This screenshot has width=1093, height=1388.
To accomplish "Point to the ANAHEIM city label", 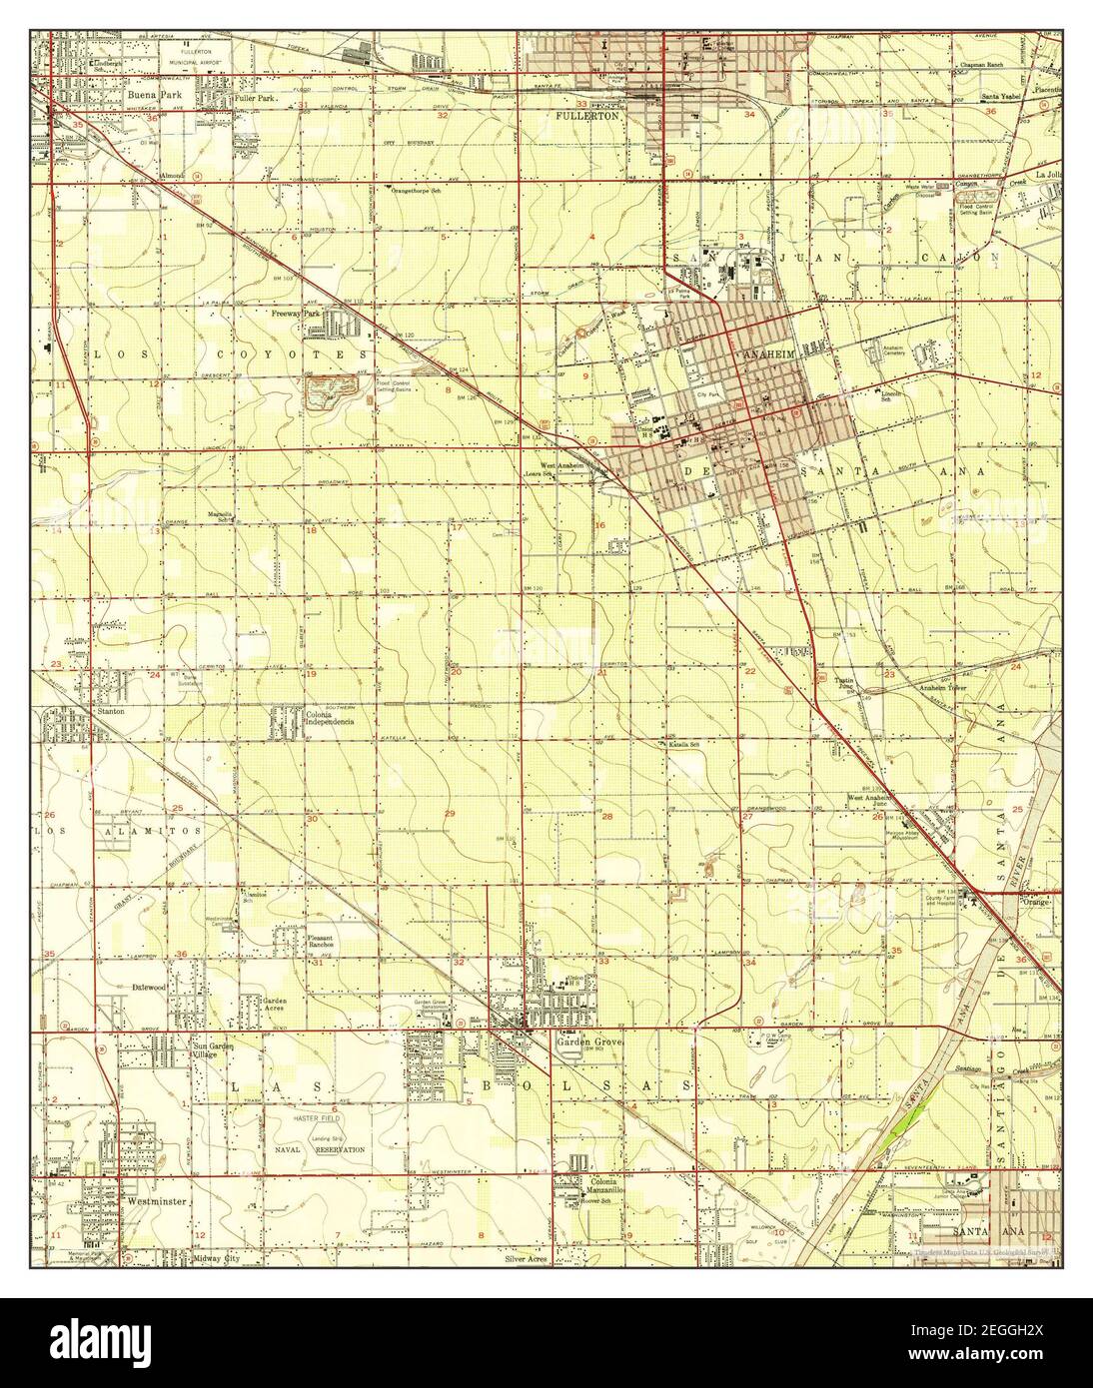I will tap(766, 354).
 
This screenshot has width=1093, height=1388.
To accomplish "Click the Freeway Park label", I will tap(295, 313).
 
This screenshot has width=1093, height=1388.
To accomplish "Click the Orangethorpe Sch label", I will tap(428, 190).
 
